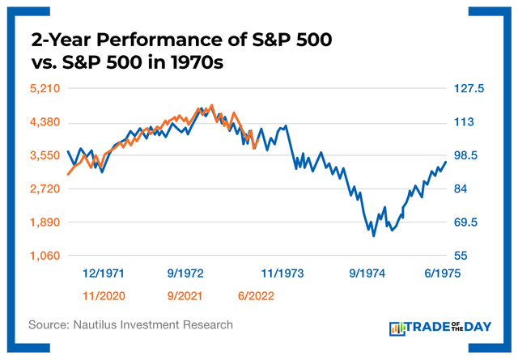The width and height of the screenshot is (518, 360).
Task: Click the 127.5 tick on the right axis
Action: [468, 89]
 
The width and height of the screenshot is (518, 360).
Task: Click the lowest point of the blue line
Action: [374, 235]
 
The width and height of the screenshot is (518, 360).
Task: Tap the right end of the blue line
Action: [446, 163]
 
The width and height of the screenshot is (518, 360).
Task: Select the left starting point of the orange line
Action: [68, 174]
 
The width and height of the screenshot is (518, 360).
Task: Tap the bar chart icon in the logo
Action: [398, 328]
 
